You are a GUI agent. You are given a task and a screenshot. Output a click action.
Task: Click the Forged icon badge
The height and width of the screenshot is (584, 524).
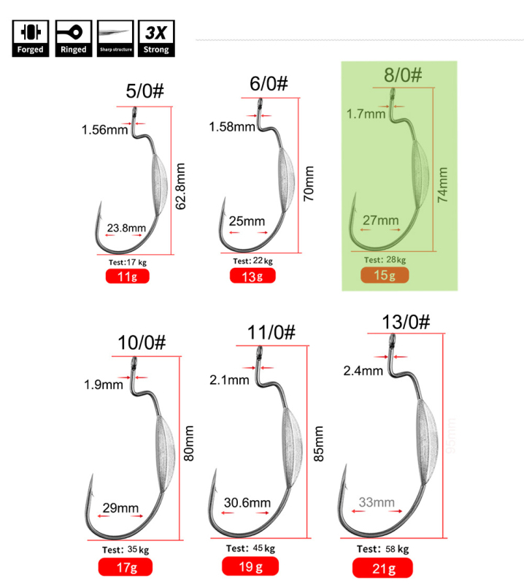click(31, 39)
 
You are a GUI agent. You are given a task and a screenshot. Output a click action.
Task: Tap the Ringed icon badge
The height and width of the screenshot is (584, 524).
click(73, 39)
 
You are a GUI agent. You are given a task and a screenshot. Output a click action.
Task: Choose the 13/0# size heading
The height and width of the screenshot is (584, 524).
click(406, 321)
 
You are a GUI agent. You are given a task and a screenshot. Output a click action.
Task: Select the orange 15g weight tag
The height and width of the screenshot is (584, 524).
click(385, 275)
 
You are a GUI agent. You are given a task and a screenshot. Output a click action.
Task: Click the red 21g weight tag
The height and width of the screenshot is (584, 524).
click(382, 566)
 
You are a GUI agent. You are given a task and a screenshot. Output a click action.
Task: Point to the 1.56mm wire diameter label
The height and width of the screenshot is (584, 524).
click(103, 131)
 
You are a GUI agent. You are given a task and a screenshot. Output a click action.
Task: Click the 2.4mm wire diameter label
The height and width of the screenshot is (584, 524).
click(363, 371)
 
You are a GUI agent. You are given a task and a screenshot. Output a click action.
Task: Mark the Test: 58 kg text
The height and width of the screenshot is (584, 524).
click(384, 548)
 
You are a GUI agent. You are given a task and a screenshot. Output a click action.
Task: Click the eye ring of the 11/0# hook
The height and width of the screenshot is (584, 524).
click(258, 356)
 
